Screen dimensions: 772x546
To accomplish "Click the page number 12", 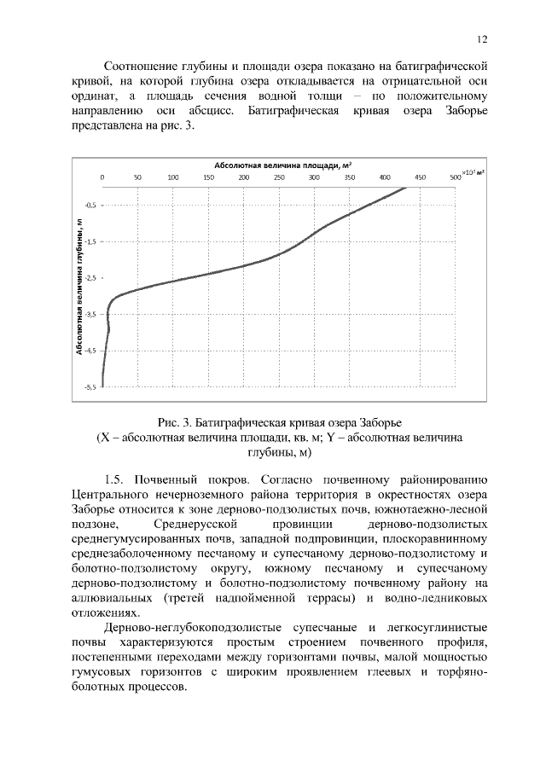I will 482,39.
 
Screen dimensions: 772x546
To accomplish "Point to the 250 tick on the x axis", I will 279,177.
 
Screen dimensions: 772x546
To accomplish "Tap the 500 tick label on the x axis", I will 456,177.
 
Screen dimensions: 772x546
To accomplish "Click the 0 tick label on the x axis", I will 102,177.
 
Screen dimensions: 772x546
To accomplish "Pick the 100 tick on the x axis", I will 173,177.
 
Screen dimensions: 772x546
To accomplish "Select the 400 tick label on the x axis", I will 385,177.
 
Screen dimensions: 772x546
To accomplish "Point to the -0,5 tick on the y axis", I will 90,206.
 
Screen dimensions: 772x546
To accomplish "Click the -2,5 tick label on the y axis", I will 90,278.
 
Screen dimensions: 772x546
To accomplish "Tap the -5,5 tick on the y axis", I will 90,386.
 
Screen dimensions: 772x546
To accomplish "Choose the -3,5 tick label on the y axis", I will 90,314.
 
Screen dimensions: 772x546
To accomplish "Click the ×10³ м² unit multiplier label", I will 473,173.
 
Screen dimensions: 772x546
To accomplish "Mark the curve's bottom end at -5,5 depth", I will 103,386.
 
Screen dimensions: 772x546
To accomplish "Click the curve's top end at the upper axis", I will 404,189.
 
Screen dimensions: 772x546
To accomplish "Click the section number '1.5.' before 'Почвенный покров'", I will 116,476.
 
